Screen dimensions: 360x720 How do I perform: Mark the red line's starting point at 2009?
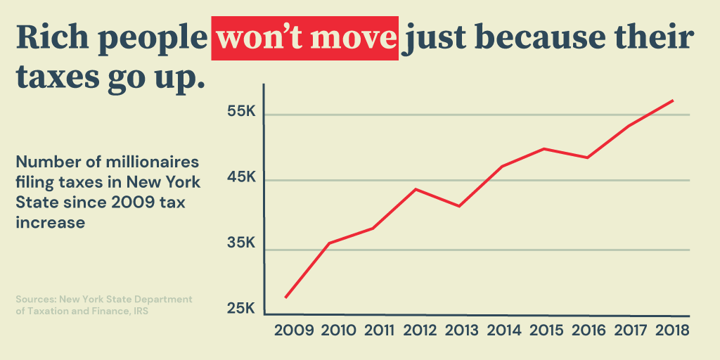[x=285, y=297]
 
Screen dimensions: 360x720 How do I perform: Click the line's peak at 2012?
[x=416, y=189]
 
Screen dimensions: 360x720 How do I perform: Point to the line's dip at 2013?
[x=459, y=206]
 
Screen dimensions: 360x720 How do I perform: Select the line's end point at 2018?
[x=673, y=101]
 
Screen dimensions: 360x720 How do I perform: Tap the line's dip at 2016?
[x=587, y=157]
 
